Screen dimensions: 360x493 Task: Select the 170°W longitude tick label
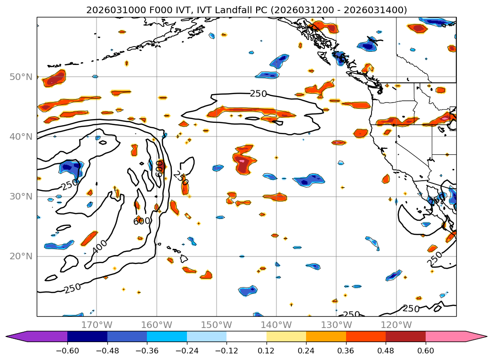[x=97, y=325]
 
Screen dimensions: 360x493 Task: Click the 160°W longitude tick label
[x=156, y=325]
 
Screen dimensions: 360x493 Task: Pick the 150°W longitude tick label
[x=217, y=325]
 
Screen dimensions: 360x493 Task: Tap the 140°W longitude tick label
[x=276, y=325]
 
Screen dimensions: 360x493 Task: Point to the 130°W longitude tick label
[x=336, y=325]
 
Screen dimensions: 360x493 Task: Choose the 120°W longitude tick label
[x=396, y=325]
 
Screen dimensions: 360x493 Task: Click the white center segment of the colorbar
[x=246, y=336]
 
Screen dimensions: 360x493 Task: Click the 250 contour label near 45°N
[x=258, y=94]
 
